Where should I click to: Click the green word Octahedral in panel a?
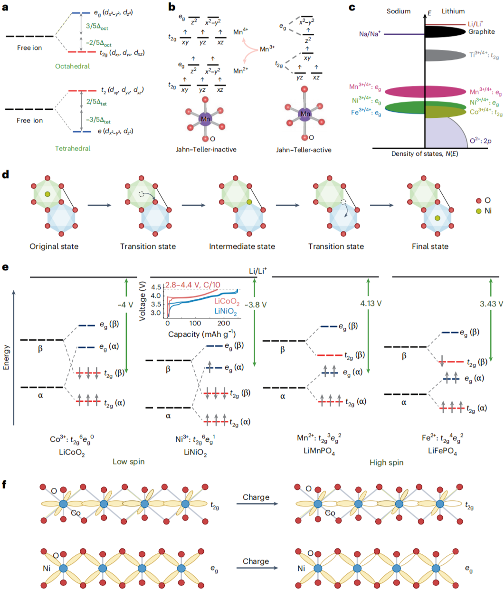click(72, 66)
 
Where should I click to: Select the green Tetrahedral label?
click(72, 148)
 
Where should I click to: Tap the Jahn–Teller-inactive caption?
click(206, 149)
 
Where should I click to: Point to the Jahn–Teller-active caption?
click(304, 150)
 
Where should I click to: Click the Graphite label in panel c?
click(481, 32)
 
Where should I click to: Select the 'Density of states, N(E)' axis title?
click(425, 154)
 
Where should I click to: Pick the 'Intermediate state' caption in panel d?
click(242, 246)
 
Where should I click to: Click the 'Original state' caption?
click(54, 246)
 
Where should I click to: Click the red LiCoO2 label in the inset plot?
click(227, 302)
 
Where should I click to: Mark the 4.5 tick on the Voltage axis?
click(157, 287)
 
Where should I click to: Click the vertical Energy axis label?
click(7, 357)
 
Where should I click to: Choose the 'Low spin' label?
click(129, 461)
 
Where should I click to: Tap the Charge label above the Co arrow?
click(256, 497)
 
